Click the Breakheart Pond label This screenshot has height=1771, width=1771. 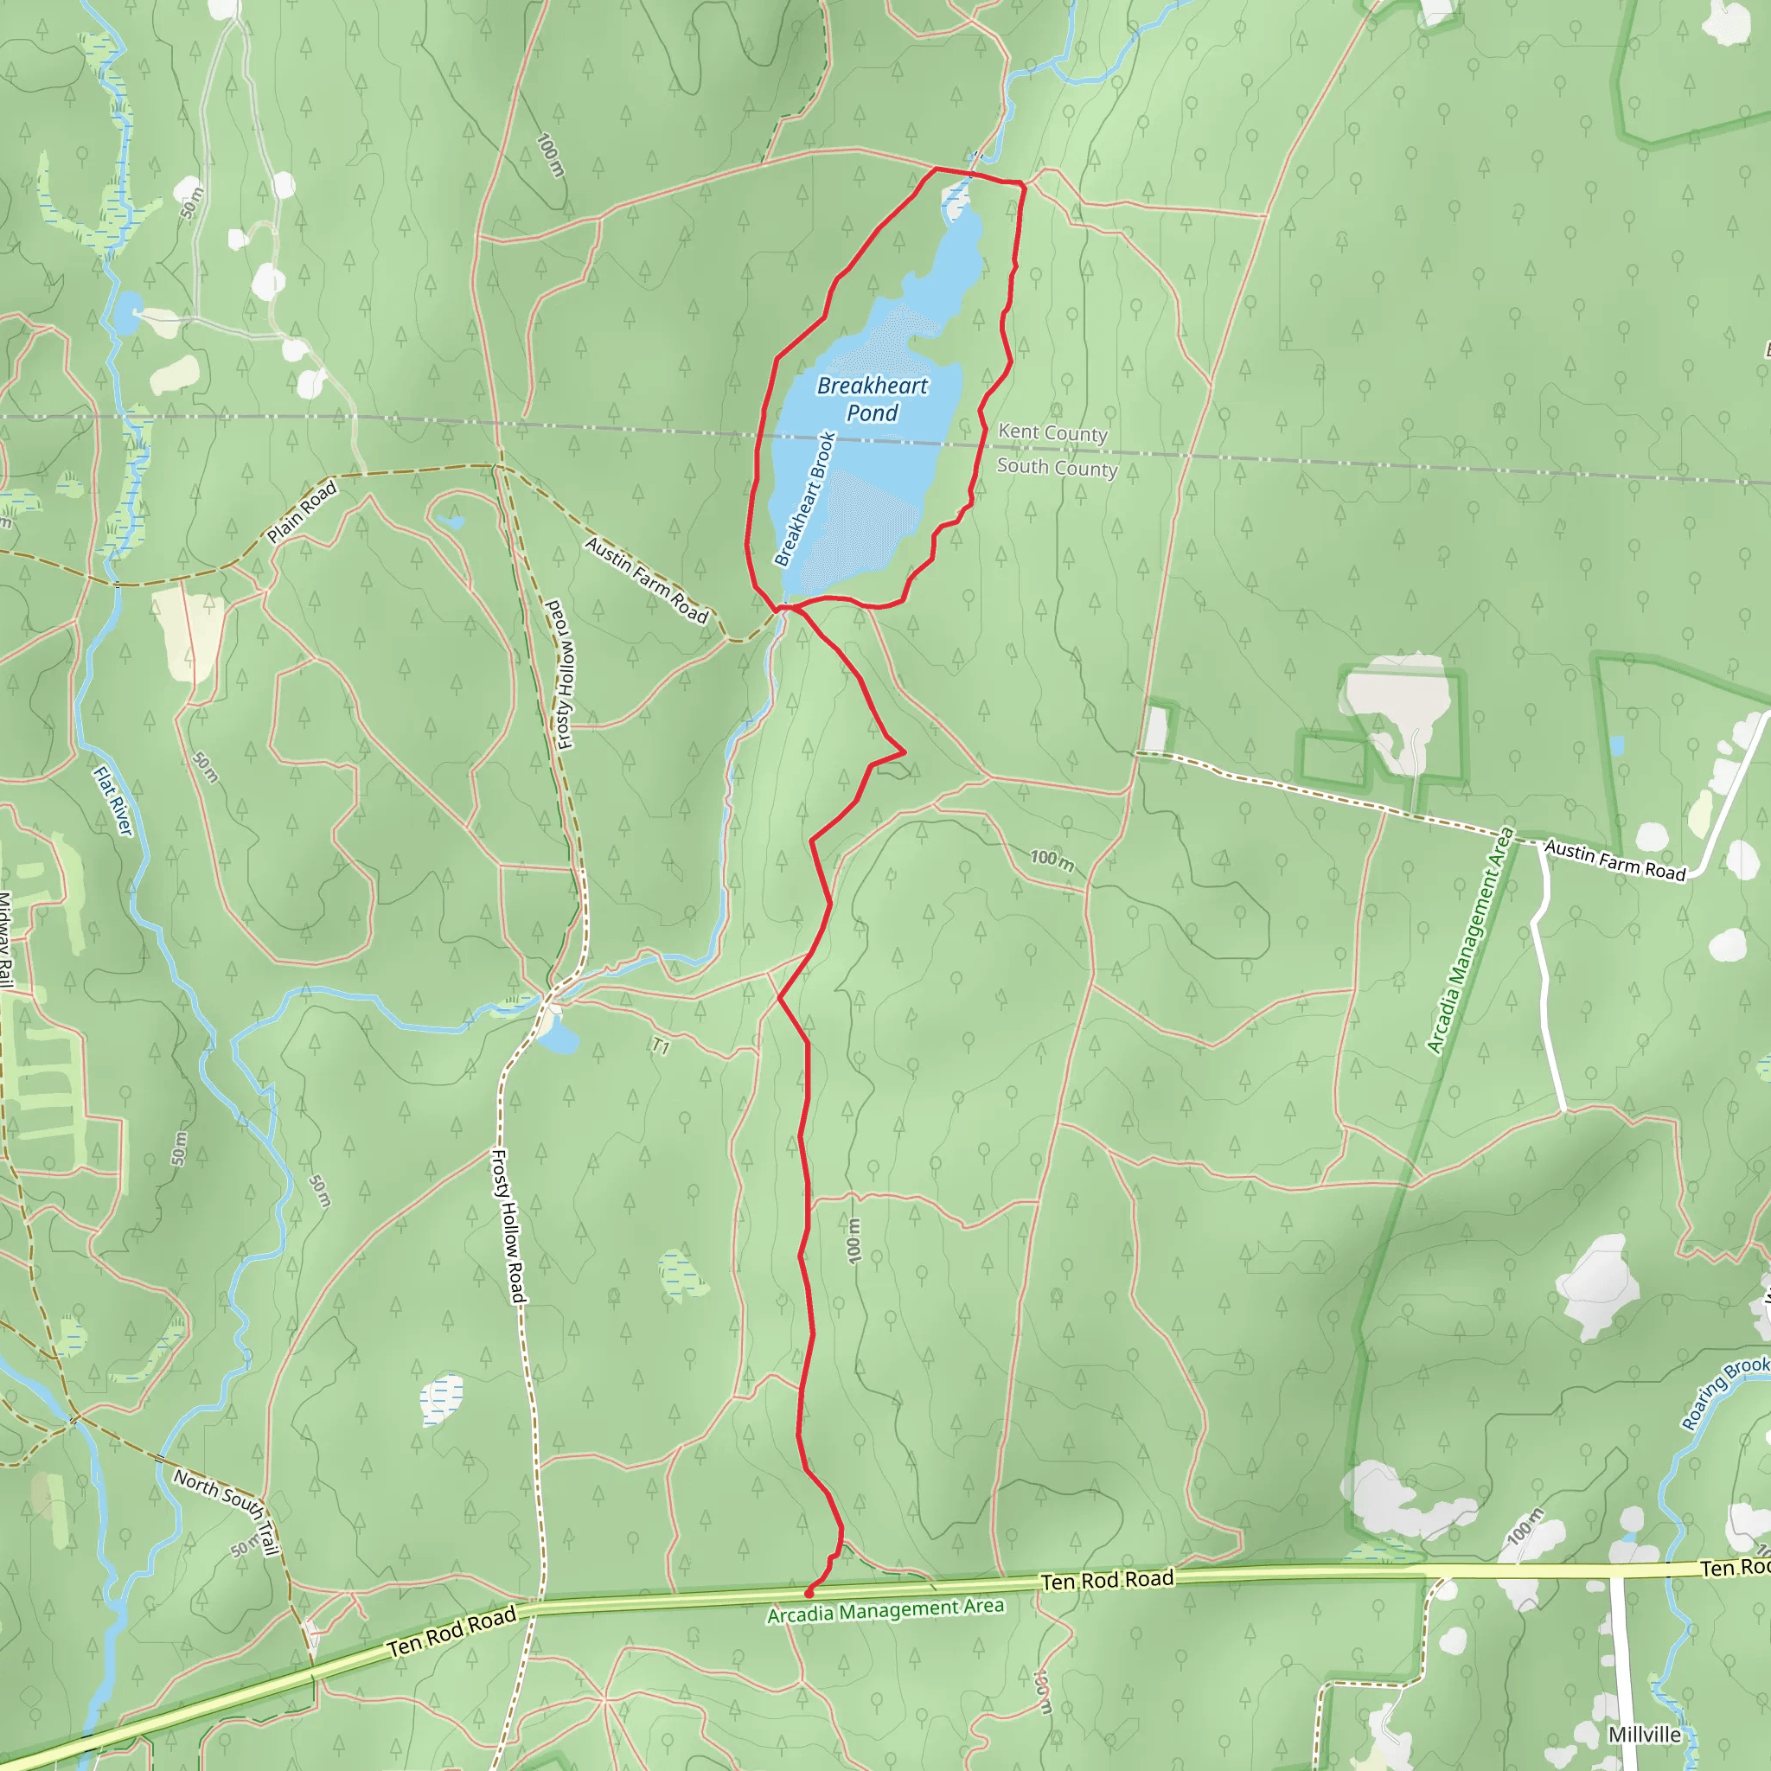click(x=872, y=399)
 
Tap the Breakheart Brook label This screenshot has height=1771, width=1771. click(x=805, y=499)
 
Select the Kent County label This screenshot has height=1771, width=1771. click(x=1052, y=432)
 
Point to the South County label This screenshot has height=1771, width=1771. click(x=1057, y=468)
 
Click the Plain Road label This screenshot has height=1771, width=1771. click(x=302, y=513)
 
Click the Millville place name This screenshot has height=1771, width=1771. click(x=1645, y=1735)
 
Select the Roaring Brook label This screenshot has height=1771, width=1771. click(x=1724, y=1394)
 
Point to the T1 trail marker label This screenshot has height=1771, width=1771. click(x=660, y=1046)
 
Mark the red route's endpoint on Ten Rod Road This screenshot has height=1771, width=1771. click(x=809, y=1594)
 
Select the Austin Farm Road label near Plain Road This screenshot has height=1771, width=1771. click(x=646, y=580)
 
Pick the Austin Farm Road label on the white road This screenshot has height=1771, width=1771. click(x=1615, y=860)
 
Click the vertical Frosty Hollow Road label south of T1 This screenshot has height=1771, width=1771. click(x=508, y=1225)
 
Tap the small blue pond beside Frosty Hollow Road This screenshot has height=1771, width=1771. click(x=559, y=1039)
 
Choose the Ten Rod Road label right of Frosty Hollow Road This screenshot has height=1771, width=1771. click(x=1108, y=1579)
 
